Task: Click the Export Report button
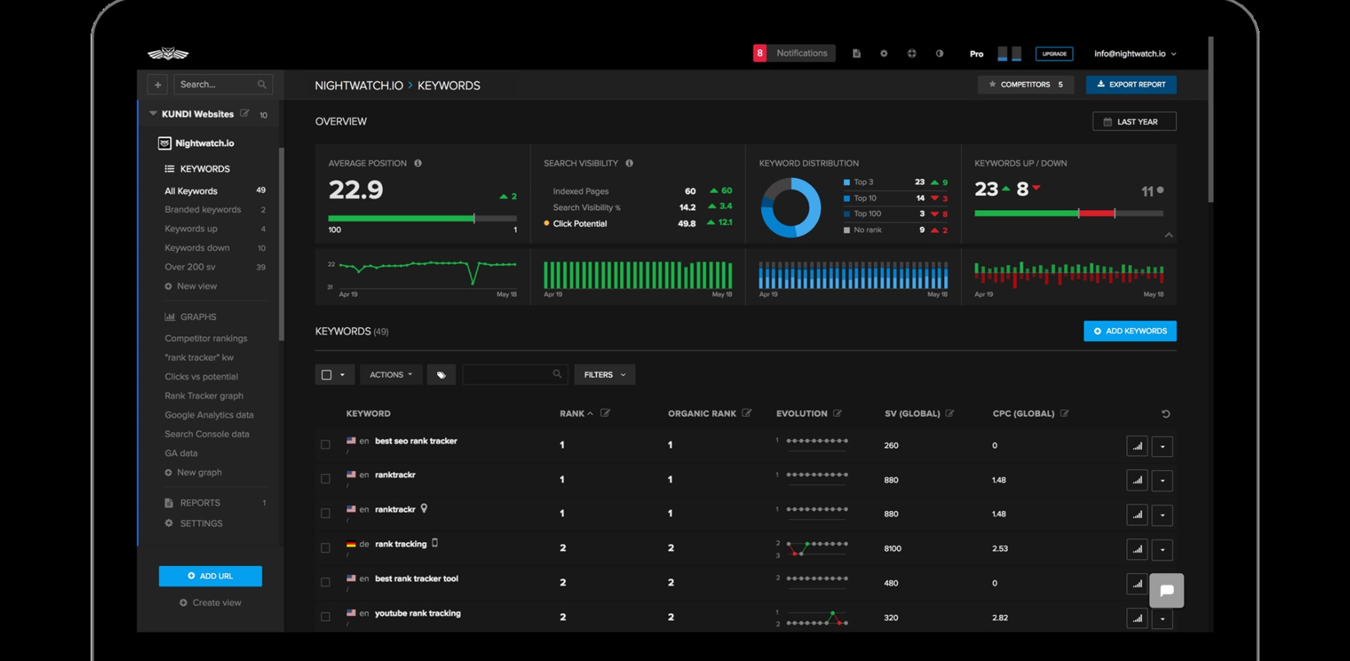(x=1131, y=84)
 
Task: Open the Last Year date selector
(x=1134, y=121)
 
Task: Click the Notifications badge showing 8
(x=759, y=53)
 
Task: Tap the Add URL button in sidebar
(x=210, y=576)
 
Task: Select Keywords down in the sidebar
(x=197, y=248)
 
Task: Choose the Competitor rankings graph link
(x=206, y=338)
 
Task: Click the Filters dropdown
(x=604, y=375)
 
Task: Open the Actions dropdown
(x=390, y=375)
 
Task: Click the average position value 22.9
(x=356, y=190)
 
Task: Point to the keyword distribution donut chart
(x=791, y=207)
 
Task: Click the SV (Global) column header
(x=912, y=413)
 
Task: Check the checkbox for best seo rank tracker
(x=326, y=444)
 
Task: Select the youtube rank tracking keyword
(x=417, y=613)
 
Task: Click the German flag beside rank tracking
(x=351, y=545)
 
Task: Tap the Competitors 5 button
(x=1025, y=84)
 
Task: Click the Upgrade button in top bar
(x=1054, y=54)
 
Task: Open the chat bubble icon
(x=1166, y=590)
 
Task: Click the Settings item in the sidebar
(x=201, y=523)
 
